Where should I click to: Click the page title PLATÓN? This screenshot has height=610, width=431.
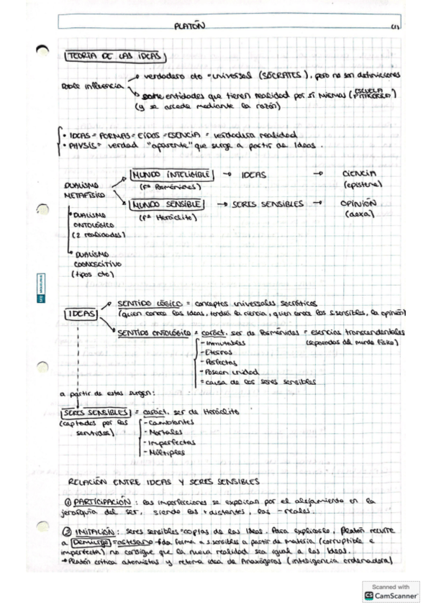pyautogui.click(x=190, y=27)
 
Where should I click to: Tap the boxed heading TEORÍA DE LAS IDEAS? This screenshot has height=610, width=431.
pyautogui.click(x=115, y=56)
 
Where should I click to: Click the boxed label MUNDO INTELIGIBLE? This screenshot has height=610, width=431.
pyautogui.click(x=170, y=175)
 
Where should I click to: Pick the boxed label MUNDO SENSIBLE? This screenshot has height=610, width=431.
pyautogui.click(x=165, y=205)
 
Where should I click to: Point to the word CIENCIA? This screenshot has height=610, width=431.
pyautogui.click(x=359, y=173)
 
